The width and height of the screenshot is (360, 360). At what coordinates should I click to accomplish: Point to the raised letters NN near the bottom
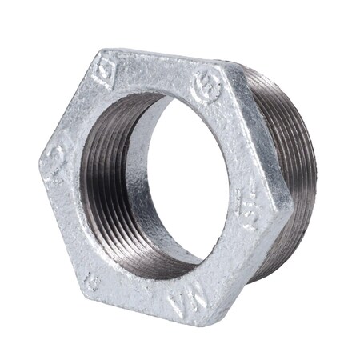click(x=182, y=299)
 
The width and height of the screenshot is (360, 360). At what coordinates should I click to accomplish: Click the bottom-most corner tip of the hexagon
click(x=210, y=324)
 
